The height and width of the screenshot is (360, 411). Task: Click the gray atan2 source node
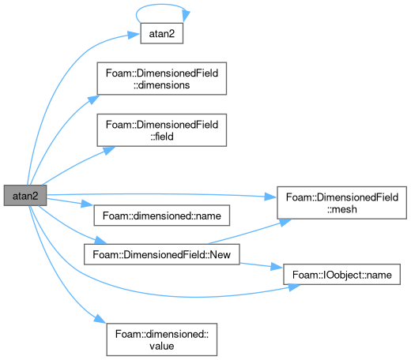pyautogui.click(x=25, y=196)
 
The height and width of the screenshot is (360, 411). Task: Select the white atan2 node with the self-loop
pyautogui.click(x=162, y=33)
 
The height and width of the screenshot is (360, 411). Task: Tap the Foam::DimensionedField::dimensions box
pyautogui.click(x=162, y=79)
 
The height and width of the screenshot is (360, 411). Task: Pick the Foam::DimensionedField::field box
pyautogui.click(x=162, y=130)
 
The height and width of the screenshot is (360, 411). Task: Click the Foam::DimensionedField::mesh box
pyautogui.click(x=342, y=203)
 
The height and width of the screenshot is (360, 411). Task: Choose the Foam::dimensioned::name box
pyautogui.click(x=162, y=216)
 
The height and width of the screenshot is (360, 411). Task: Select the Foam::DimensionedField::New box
pyautogui.click(x=162, y=254)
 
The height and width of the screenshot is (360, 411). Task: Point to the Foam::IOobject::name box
pyautogui.click(x=342, y=275)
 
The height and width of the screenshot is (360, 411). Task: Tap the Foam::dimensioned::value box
pyautogui.click(x=162, y=339)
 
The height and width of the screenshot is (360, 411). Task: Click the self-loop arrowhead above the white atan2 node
pyautogui.click(x=186, y=17)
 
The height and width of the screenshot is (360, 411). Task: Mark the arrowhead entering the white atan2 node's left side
pyautogui.click(x=134, y=35)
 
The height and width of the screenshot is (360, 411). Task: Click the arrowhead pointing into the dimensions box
pyautogui.click(x=93, y=99)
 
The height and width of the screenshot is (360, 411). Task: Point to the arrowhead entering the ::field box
pyautogui.click(x=109, y=150)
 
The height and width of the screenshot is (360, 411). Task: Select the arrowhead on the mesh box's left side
pyautogui.click(x=271, y=197)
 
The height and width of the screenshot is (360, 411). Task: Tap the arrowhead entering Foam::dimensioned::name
pyautogui.click(x=87, y=204)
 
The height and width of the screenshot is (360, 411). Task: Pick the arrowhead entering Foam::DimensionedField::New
pyautogui.click(x=100, y=240)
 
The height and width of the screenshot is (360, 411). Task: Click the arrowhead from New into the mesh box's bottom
pyautogui.click(x=285, y=222)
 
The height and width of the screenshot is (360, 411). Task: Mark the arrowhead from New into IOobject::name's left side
pyautogui.click(x=277, y=268)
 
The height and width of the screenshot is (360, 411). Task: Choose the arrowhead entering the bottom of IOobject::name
pyautogui.click(x=294, y=287)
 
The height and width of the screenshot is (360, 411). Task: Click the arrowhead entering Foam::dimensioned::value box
pyautogui.click(x=100, y=319)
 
